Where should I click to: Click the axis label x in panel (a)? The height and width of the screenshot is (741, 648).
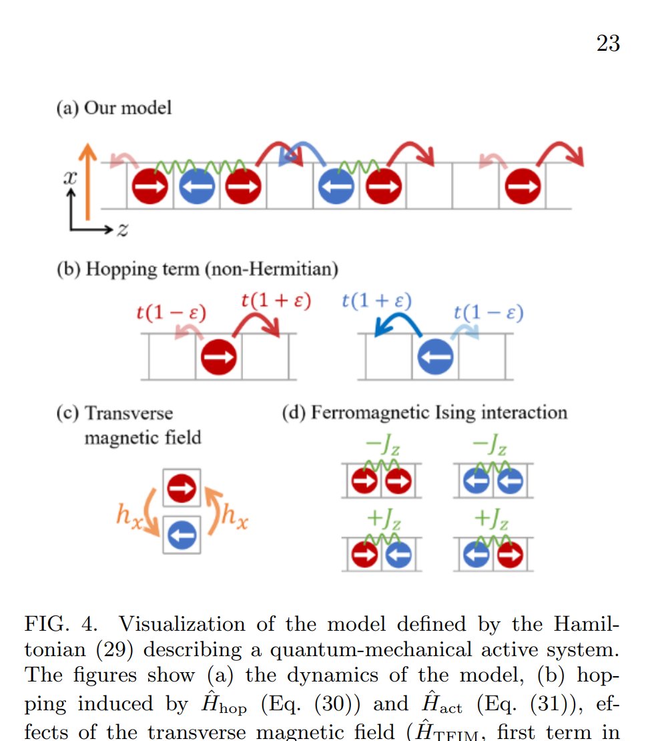tap(69, 178)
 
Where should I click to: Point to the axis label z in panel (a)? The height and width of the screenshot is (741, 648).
tap(121, 231)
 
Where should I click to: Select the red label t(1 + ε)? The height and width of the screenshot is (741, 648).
tap(276, 300)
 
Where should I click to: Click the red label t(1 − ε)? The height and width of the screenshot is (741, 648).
tap(171, 312)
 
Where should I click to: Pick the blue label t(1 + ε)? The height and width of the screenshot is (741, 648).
tap(376, 300)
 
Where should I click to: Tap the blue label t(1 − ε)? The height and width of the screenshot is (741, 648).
tap(488, 312)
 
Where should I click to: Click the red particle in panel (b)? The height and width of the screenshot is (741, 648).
tap(219, 357)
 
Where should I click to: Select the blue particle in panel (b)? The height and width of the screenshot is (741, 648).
tap(435, 357)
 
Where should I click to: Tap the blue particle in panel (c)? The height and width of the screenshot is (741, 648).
tap(182, 534)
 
